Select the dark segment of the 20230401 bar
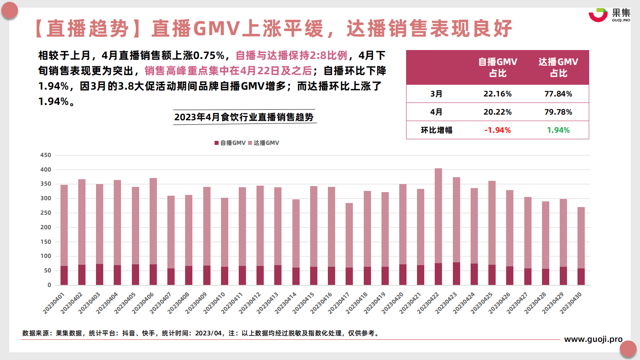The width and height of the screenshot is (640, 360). [x=64, y=275]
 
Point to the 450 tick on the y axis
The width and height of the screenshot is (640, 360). [x=46, y=155]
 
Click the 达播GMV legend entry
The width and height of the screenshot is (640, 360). [x=263, y=143]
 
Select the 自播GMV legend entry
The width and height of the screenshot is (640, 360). [x=230, y=143]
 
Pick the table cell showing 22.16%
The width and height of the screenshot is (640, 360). [x=497, y=94]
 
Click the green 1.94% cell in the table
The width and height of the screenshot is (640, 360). [x=558, y=130]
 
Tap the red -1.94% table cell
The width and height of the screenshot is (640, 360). [x=497, y=130]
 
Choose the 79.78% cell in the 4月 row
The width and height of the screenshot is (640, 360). [x=558, y=112]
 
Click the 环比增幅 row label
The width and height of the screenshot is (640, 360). [x=436, y=130]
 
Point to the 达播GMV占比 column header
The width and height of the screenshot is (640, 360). [x=558, y=67]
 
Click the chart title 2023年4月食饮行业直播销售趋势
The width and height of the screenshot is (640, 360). [x=244, y=117]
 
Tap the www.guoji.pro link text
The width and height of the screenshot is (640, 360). [x=593, y=339]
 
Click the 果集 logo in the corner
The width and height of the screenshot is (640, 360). [x=609, y=15]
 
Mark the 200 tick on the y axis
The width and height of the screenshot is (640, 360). [x=46, y=227]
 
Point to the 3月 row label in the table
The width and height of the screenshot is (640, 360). [x=436, y=94]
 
